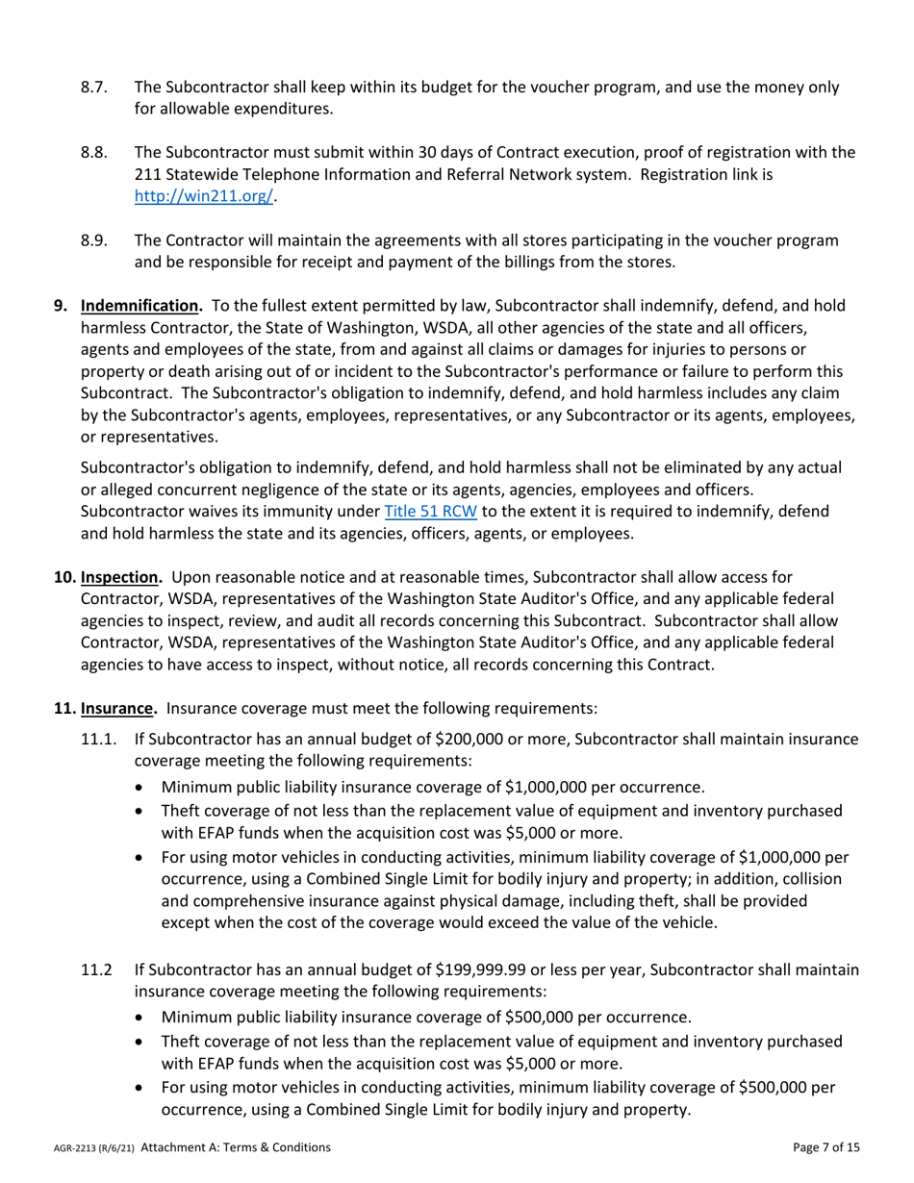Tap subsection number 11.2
tap(97, 970)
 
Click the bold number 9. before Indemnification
tap(61, 307)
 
